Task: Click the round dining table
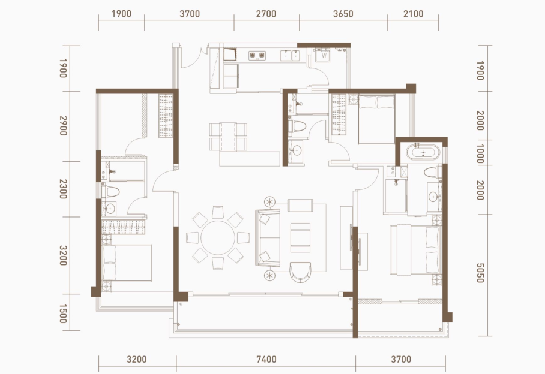(218, 238)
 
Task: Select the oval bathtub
(423, 153)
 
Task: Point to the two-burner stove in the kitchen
(257, 55)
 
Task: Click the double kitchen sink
(290, 55)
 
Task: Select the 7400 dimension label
(266, 359)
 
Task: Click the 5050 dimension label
(480, 273)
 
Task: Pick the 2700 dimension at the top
(266, 14)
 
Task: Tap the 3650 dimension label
(343, 14)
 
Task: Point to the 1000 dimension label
(480, 154)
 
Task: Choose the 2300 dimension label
(63, 189)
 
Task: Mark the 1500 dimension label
(63, 313)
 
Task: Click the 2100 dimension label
(414, 14)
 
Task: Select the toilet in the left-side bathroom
(111, 192)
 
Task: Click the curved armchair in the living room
(300, 272)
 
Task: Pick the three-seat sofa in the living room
(268, 238)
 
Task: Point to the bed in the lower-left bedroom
(127, 263)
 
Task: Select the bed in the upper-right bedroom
(376, 119)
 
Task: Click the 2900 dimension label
(63, 126)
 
